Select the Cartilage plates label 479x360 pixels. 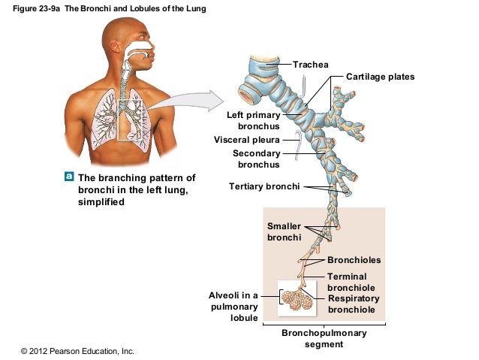380,77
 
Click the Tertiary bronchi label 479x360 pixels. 264,186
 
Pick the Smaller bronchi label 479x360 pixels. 285,231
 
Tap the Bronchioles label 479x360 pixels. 354,260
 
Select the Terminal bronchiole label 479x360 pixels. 351,283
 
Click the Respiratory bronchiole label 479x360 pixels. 354,304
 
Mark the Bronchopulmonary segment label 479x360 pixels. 324,338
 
